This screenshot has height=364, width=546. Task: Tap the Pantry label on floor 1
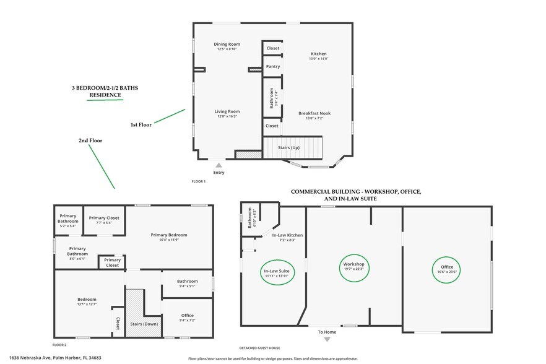tap(272, 66)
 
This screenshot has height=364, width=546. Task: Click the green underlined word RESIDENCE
tap(104, 95)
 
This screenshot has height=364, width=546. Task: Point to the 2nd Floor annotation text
tap(90, 141)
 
